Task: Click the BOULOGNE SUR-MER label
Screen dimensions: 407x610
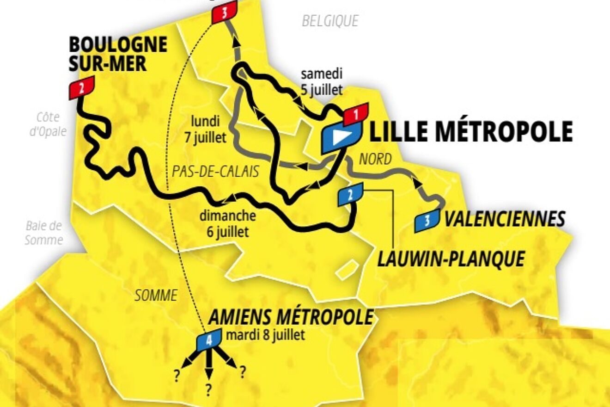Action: point(118,54)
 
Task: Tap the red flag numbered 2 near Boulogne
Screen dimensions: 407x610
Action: point(82,87)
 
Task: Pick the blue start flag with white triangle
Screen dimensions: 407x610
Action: point(341,137)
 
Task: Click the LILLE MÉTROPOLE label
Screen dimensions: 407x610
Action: point(471,131)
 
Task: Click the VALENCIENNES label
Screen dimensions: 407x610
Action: point(505,219)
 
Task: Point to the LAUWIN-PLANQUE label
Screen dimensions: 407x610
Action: point(451,259)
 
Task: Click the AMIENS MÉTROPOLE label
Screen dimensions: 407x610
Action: point(292,317)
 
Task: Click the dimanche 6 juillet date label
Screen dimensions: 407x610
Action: point(227,223)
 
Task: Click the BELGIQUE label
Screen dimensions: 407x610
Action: point(330,21)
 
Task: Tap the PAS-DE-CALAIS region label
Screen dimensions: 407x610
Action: point(215,171)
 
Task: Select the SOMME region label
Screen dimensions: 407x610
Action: point(156,295)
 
